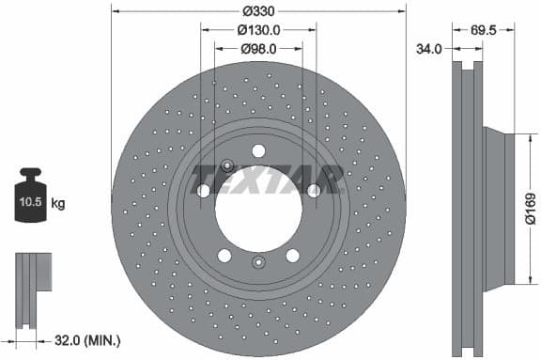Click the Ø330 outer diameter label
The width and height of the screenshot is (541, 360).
pyautogui.click(x=258, y=12)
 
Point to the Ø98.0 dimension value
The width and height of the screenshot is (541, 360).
pyautogui.click(x=258, y=48)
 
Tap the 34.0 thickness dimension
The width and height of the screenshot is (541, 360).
pyautogui.click(x=428, y=49)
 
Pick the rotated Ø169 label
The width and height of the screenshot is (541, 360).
pyautogui.click(x=531, y=209)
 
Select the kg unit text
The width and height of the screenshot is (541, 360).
pyautogui.click(x=59, y=203)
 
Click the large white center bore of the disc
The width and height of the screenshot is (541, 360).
pyautogui.click(x=258, y=205)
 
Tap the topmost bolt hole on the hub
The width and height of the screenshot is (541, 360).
pyautogui.click(x=258, y=149)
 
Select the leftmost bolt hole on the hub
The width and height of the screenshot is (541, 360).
pyautogui.click(x=204, y=191)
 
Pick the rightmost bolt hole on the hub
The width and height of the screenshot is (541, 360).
pyautogui.click(x=314, y=191)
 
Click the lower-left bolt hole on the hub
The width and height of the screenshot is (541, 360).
pyautogui.click(x=224, y=256)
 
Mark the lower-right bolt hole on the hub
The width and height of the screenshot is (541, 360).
pyautogui.click(x=293, y=256)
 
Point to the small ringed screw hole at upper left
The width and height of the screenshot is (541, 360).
pyautogui.click(x=226, y=165)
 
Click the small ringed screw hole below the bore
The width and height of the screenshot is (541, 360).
pyautogui.click(x=259, y=264)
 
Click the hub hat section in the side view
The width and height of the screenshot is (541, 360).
pyautogui.click(x=498, y=208)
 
